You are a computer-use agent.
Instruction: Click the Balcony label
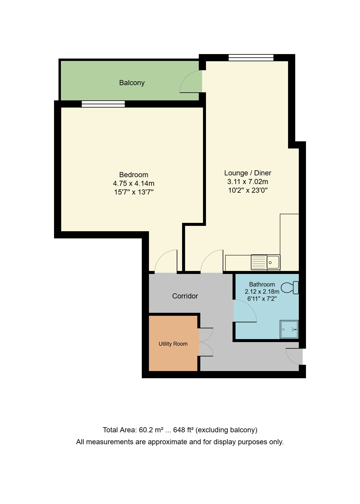132,83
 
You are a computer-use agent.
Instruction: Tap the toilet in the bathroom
290,288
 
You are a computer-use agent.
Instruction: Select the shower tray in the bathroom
289,330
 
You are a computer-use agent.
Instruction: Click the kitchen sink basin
273,262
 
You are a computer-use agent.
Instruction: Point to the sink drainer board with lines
259,262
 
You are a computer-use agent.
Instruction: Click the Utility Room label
173,344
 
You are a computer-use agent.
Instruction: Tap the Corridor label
185,296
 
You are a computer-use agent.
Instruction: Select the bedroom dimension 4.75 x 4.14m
133,183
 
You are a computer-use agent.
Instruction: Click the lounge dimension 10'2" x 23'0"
247,190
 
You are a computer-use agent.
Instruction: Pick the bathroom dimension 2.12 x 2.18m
262,292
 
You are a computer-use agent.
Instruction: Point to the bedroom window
103,104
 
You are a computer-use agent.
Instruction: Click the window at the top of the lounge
251,58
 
